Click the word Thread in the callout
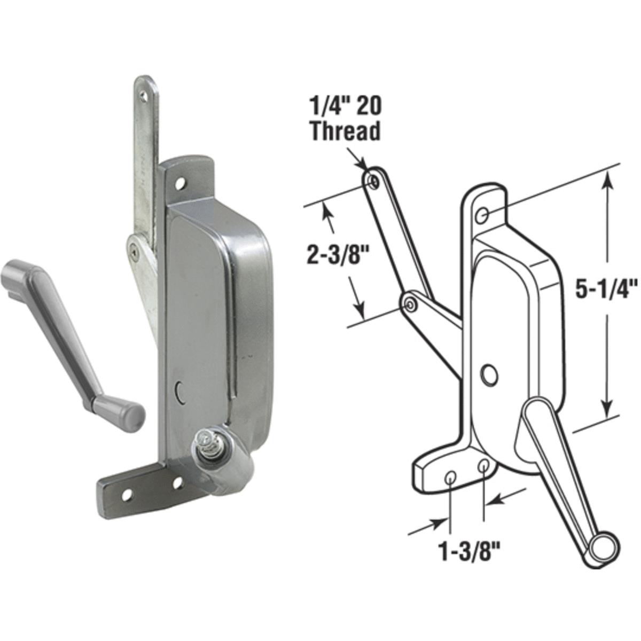coord(346,130)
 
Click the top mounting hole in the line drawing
coord(483,215)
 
